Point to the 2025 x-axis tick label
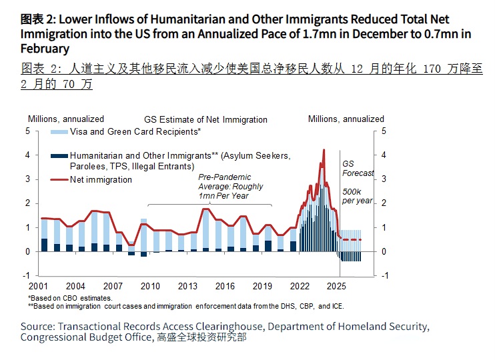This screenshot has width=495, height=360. [x=336, y=286]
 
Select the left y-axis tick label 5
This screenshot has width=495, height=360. [x=28, y=131]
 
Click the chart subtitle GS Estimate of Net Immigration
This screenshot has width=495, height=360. [x=205, y=120]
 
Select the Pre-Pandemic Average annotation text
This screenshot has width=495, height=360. [x=225, y=187]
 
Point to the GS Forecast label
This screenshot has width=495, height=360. [x=358, y=169]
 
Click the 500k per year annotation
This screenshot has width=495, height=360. [x=357, y=196]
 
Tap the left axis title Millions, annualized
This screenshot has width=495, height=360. [x=65, y=119]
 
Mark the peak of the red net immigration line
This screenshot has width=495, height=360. [x=324, y=151]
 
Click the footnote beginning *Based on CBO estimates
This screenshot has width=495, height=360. [x=70, y=298]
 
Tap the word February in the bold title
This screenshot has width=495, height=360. [x=45, y=48]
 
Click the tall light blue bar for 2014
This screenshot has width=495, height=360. [x=206, y=230]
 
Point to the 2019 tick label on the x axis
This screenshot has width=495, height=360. [x=262, y=286]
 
